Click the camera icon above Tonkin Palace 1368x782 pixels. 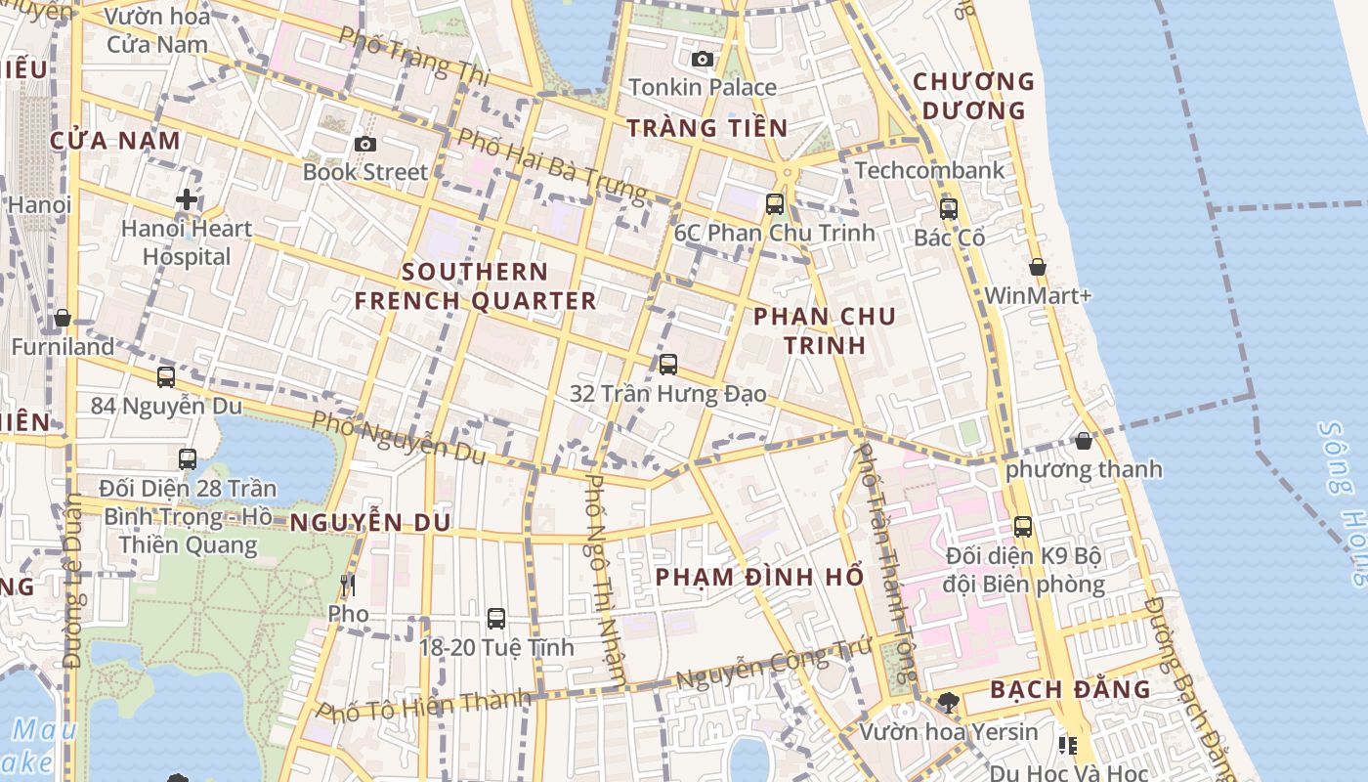[x=702, y=60]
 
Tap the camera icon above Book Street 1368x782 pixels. [x=365, y=145]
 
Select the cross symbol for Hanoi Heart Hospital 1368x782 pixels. [x=186, y=200]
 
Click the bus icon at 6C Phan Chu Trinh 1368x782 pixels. [x=775, y=204]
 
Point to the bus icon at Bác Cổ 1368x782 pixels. [x=948, y=209]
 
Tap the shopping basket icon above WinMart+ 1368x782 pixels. [x=1038, y=267]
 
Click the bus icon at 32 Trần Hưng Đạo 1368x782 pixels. [x=668, y=365]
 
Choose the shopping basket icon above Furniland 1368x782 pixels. [x=63, y=318]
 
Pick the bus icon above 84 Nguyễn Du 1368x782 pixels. [x=166, y=376]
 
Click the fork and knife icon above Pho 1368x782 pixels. [x=348, y=586]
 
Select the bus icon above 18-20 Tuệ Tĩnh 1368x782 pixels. [x=496, y=619]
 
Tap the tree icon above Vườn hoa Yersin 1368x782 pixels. [x=948, y=702]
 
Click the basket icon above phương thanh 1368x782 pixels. [x=1084, y=441]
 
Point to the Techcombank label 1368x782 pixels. [x=929, y=170]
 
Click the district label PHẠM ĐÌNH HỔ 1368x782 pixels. [x=759, y=577]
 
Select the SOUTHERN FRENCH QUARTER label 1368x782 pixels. [x=475, y=285]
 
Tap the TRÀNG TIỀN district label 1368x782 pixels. [x=706, y=128]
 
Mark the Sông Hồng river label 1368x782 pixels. [x=1344, y=503]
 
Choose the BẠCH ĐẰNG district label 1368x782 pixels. [x=1070, y=689]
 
